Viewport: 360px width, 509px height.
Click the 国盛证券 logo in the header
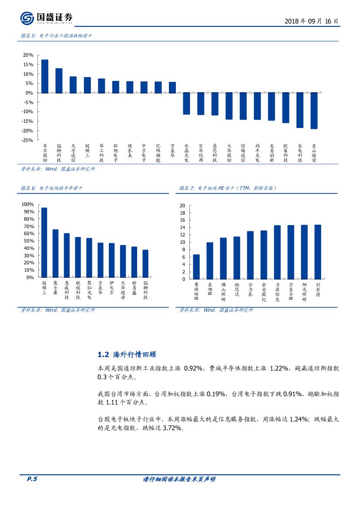46,18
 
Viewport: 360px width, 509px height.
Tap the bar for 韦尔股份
44,76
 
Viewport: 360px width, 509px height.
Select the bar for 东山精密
314,111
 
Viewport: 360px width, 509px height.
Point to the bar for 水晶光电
186,103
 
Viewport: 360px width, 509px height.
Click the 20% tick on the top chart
28,55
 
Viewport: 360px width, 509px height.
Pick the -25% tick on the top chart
27,140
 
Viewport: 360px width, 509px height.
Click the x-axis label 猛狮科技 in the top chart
59,153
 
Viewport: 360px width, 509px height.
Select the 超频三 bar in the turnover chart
44,242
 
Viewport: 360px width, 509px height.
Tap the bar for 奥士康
55,253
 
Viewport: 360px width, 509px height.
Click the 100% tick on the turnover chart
27,204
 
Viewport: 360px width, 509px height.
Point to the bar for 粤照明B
196,266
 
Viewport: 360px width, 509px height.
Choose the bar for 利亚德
318,252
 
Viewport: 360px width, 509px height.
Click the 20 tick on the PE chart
182,206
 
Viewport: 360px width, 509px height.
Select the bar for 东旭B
210,260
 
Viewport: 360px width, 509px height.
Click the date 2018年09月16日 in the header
311,21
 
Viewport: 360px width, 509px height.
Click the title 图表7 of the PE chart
228,188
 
